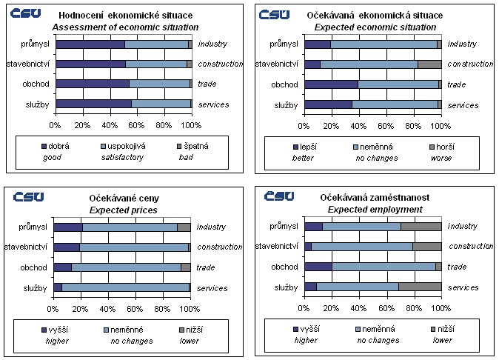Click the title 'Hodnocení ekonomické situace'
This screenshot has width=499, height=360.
[x=130, y=16]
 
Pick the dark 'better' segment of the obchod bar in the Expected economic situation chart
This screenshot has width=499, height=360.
[x=331, y=84]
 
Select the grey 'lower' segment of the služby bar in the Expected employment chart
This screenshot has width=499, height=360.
[x=420, y=287]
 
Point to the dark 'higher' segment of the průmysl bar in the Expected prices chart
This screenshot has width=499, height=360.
[x=68, y=227]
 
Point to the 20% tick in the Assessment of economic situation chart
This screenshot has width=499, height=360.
[x=83, y=124]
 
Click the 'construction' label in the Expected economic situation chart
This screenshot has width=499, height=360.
[x=470, y=64]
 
